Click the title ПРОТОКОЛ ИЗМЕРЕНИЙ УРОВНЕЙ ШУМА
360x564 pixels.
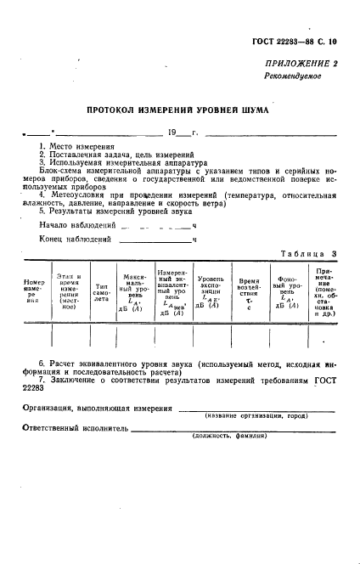179,110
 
